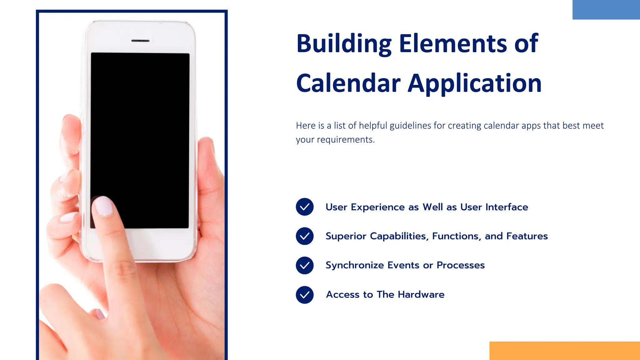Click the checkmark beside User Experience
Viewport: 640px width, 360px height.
305,207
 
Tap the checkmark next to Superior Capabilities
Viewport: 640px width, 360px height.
305,236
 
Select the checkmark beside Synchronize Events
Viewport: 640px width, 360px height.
305,265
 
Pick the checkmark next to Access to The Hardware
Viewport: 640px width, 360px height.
305,295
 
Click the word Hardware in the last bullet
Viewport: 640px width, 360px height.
421,294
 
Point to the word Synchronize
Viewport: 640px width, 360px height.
355,265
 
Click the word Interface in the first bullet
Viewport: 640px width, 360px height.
507,207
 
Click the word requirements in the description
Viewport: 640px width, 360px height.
346,139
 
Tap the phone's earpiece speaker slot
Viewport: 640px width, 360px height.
140,41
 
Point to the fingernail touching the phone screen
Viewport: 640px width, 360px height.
103,206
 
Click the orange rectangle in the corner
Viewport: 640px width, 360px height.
564,351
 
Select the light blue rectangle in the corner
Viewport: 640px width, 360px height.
606,10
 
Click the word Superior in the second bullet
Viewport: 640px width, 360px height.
345,236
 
